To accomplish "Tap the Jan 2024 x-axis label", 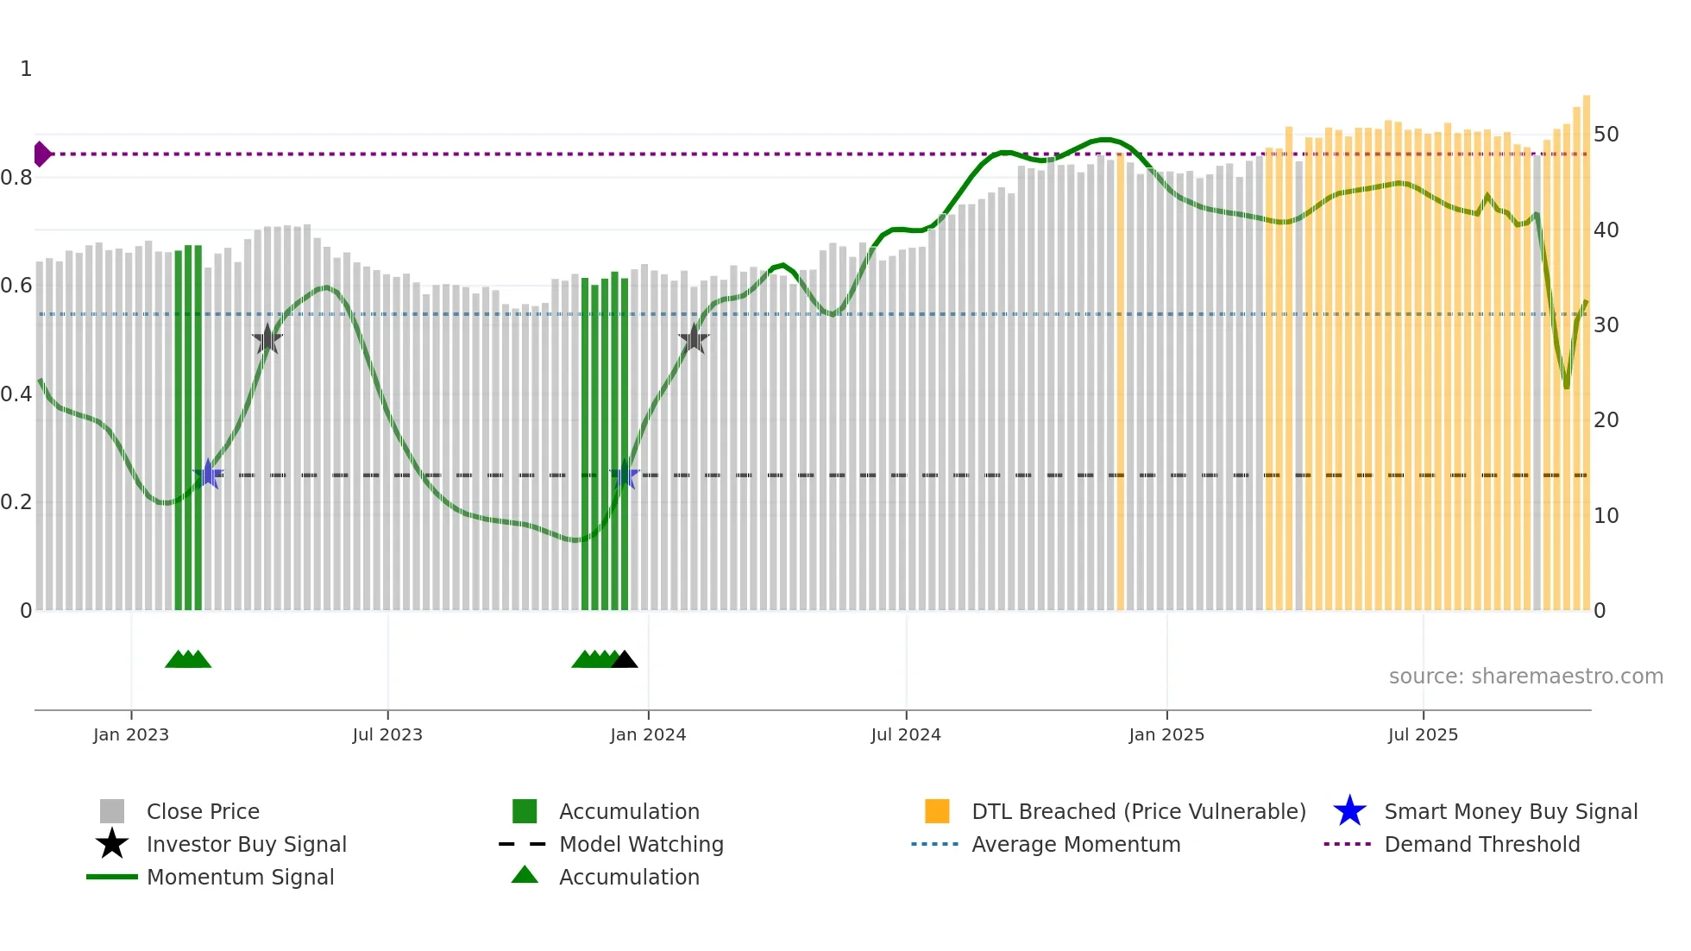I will [648, 734].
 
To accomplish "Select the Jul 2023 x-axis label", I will [387, 734].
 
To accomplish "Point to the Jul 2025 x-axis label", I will [1423, 734].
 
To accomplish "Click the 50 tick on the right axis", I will [1606, 135].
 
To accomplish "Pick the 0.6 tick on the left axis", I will [16, 286].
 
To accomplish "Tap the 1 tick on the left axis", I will [26, 69].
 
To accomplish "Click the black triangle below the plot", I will [624, 659].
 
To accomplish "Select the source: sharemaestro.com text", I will [1525, 676].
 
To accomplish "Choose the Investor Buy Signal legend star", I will [112, 844].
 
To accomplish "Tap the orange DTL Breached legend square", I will [937, 811].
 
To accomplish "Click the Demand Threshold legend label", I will [1481, 844].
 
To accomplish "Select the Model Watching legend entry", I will [640, 844].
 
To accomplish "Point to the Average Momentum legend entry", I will [1075, 844].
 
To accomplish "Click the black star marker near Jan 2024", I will [694, 339].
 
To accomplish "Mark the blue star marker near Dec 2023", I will [624, 475].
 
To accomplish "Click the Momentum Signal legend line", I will [112, 877].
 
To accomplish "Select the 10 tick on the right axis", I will [1606, 516].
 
